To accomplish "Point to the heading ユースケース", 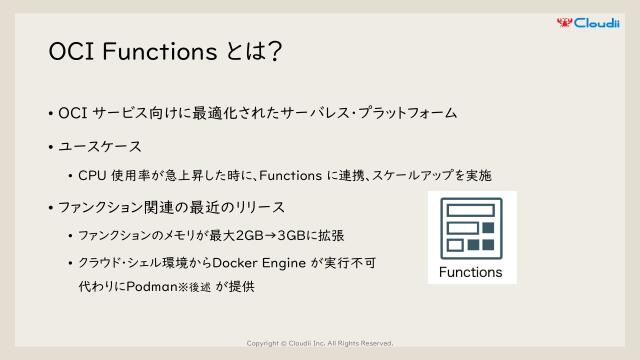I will pos(100,146).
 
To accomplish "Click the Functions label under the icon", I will pos(471,271).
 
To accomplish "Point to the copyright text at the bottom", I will pos(319,341).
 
